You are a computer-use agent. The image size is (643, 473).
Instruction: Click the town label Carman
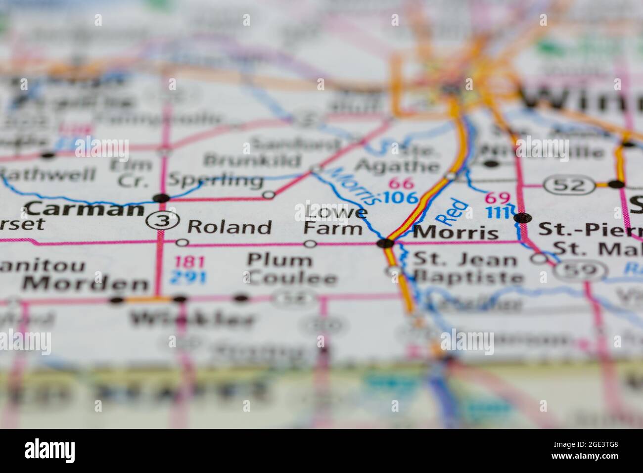[x=85, y=210]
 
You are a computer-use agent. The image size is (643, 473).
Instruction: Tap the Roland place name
[x=230, y=227]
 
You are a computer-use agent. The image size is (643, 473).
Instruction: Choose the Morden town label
[x=86, y=284]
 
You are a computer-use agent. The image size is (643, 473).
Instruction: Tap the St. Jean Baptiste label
[x=467, y=268]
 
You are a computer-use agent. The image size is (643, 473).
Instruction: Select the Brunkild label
[x=252, y=160]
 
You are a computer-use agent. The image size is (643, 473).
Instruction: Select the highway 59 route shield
[x=580, y=270]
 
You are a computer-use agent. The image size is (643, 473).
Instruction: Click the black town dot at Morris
[x=385, y=243]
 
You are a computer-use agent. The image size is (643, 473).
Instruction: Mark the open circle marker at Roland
[x=182, y=243]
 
